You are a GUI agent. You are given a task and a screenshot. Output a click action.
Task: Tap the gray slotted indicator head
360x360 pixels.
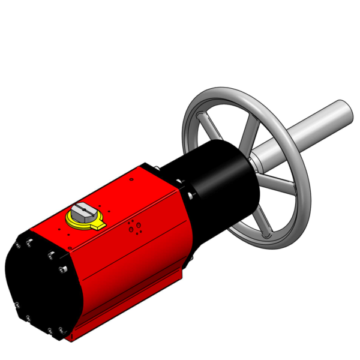[x=83, y=211]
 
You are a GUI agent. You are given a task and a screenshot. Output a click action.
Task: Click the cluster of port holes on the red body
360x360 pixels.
[x=134, y=227]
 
